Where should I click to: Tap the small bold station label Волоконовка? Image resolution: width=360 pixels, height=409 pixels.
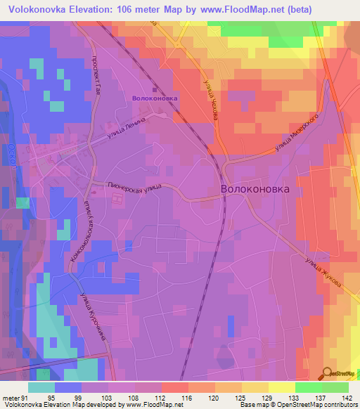(155, 98)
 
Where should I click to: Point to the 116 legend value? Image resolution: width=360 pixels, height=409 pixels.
(188, 397)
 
